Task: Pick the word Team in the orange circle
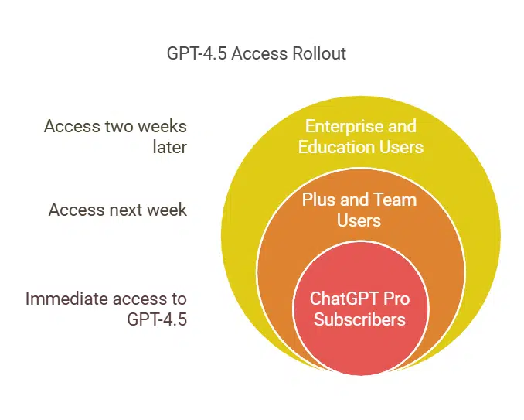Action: (395, 200)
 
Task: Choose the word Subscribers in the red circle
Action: (359, 318)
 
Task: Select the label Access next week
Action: (117, 210)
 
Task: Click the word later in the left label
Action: (170, 146)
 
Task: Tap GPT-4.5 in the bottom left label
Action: (157, 318)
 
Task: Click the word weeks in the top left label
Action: (164, 126)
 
